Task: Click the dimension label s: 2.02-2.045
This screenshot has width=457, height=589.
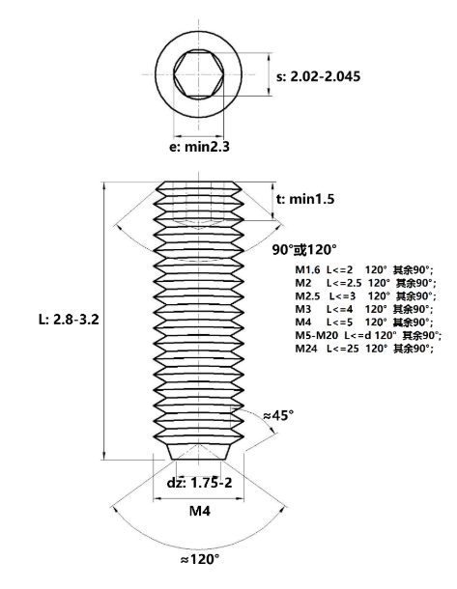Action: (x=318, y=76)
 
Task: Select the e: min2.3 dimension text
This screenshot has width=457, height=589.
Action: (x=199, y=147)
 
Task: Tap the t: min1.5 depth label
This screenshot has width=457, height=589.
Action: (x=305, y=199)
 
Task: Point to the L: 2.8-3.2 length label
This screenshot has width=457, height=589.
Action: (x=69, y=320)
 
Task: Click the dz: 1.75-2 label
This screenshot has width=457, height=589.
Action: (x=200, y=483)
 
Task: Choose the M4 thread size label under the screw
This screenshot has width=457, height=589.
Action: (x=200, y=511)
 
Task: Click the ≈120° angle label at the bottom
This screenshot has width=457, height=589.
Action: (x=199, y=559)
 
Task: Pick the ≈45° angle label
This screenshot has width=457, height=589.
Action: (x=278, y=415)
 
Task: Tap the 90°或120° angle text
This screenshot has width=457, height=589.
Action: (x=304, y=249)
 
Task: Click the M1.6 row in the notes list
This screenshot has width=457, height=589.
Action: (x=364, y=269)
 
